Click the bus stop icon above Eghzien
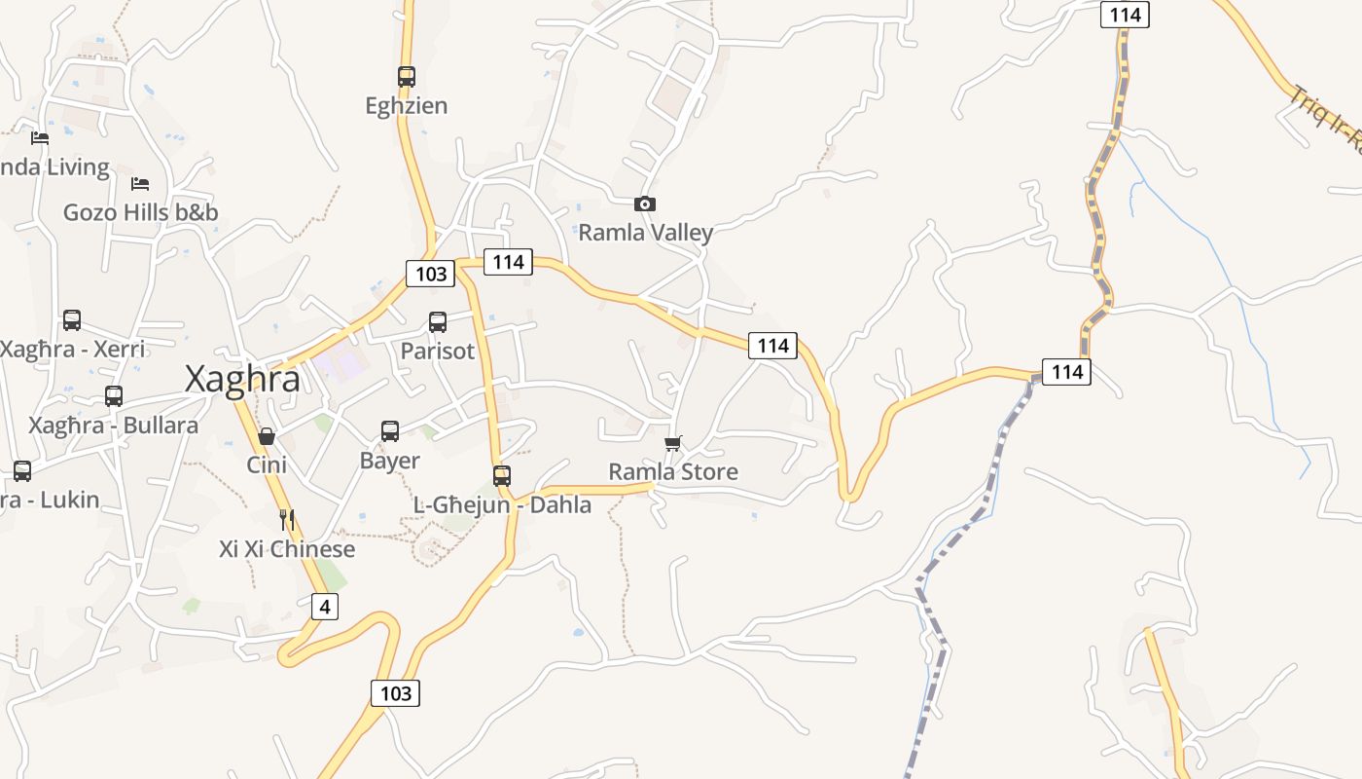point(407,76)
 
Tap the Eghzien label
point(407,105)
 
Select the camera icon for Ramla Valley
point(644,204)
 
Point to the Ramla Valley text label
point(646,233)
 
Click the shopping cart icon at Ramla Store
point(672,443)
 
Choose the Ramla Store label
point(673,472)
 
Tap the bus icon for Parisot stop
point(438,321)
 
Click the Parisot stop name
point(438,351)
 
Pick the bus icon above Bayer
point(390,430)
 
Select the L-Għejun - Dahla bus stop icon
point(502,475)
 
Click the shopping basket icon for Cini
point(267,435)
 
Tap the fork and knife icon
point(286,519)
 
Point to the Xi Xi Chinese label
point(287,549)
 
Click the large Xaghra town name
point(243,380)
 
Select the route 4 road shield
point(325,607)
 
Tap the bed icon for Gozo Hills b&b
point(140,183)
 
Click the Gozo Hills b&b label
point(141,212)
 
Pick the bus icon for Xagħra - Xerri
point(72,319)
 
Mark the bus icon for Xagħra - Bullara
point(114,395)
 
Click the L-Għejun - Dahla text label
point(502,505)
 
